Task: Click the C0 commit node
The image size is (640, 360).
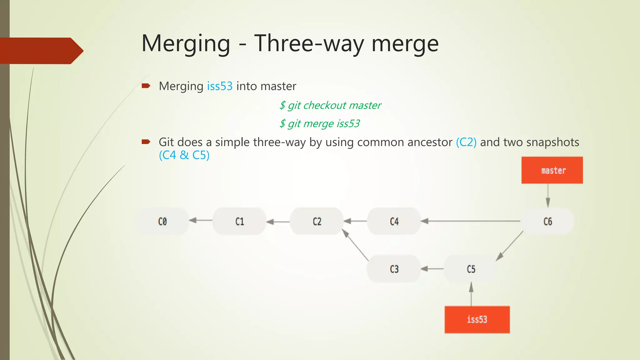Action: (x=162, y=221)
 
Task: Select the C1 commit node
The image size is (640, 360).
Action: (x=239, y=221)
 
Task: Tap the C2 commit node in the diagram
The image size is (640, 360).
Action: (x=317, y=221)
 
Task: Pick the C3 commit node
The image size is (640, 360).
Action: (x=394, y=269)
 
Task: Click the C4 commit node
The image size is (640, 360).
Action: (x=394, y=221)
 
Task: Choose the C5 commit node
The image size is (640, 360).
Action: (x=471, y=269)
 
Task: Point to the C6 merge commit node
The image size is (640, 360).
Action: (x=547, y=221)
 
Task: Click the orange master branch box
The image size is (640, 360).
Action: (x=552, y=170)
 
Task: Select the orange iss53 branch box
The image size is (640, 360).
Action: (x=477, y=319)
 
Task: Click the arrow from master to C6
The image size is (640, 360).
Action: (x=548, y=195)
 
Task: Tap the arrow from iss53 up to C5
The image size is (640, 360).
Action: (x=471, y=294)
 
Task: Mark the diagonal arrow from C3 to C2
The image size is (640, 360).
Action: (x=356, y=245)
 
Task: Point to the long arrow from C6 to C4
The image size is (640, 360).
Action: (x=471, y=221)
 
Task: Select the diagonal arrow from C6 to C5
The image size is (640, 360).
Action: (x=510, y=246)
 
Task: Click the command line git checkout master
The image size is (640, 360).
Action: (x=330, y=105)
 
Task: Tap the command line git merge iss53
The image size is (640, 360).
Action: (x=319, y=123)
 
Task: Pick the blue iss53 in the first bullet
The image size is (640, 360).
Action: (x=220, y=86)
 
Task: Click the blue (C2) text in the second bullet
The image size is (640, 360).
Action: (x=466, y=142)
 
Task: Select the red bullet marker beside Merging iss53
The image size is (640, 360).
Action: (x=146, y=86)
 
